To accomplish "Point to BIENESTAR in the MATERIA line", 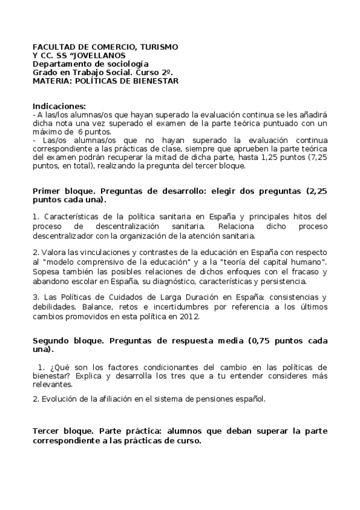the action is (x=153, y=81).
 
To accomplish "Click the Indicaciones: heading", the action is (x=59, y=106).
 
